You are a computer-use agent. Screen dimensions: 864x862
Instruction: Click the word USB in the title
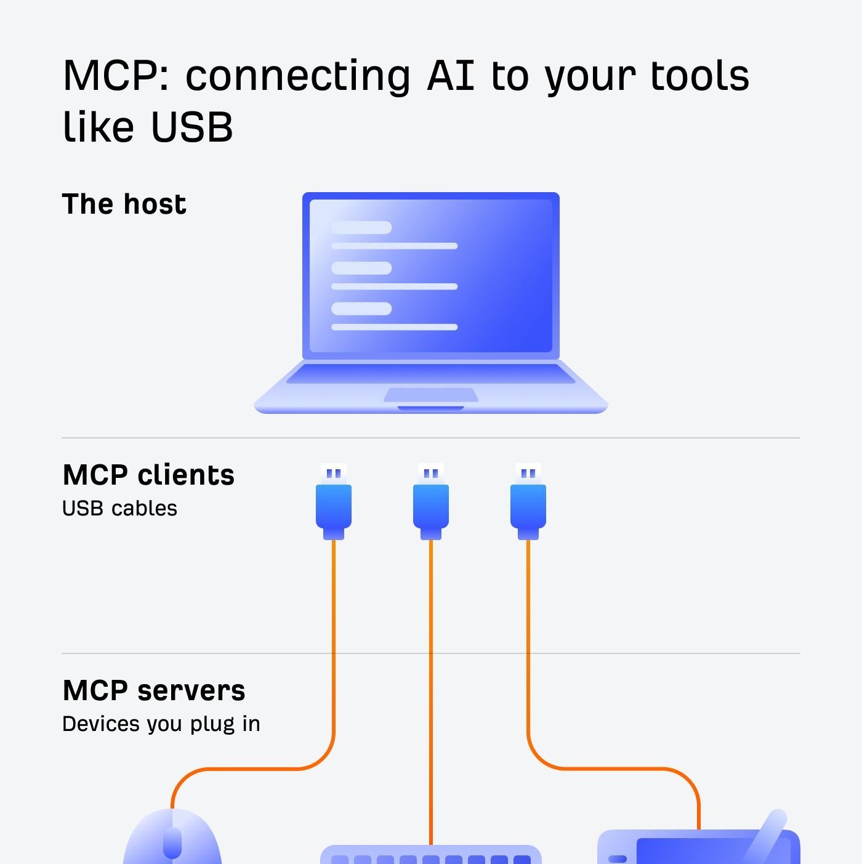[x=191, y=127]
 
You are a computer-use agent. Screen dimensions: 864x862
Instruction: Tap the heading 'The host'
[x=124, y=204]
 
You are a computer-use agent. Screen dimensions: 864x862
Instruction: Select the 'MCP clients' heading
[x=148, y=475]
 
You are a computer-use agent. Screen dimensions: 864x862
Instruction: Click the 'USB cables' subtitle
[x=119, y=509]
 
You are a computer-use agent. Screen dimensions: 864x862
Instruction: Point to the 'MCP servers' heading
[x=154, y=690]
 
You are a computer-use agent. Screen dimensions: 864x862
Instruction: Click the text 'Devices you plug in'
[x=161, y=724]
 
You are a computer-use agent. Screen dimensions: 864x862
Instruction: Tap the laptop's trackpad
[x=431, y=395]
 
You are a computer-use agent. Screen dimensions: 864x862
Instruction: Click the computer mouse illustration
[x=172, y=844]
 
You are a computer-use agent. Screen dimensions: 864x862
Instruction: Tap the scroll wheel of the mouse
[x=172, y=842]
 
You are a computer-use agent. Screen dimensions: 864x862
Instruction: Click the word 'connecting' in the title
[x=298, y=76]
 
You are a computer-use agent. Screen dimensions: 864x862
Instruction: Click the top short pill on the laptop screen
[x=361, y=228]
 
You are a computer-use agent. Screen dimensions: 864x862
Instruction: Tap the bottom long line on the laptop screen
[x=394, y=327]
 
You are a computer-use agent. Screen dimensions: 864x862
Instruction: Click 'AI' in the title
[x=451, y=76]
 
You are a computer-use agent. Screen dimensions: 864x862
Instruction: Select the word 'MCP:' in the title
[x=116, y=76]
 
